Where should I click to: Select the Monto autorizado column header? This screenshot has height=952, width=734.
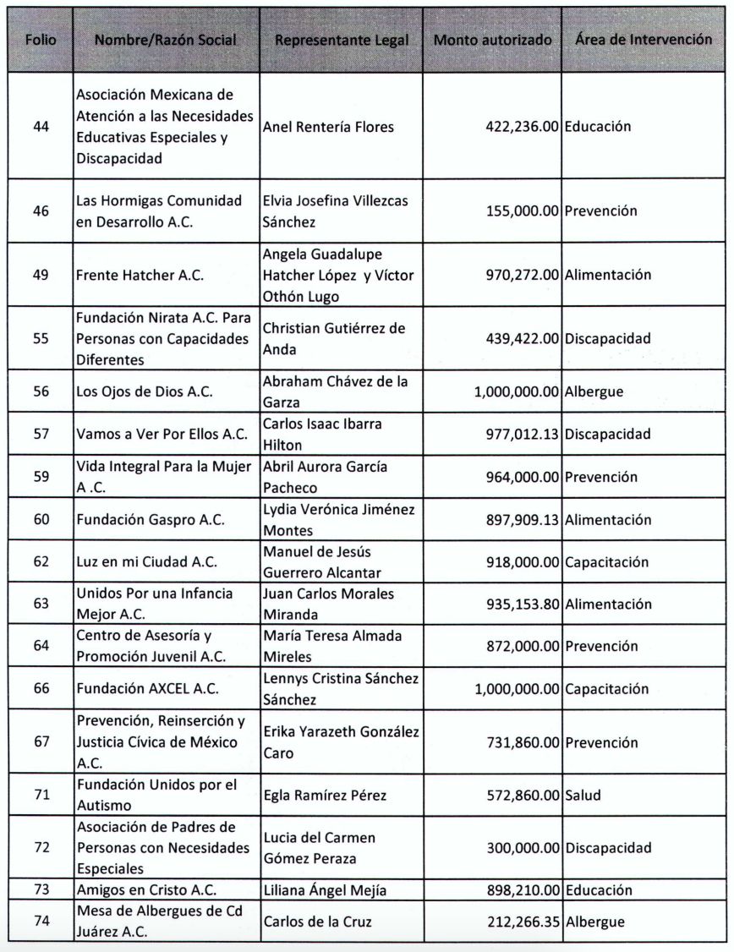pyautogui.click(x=494, y=41)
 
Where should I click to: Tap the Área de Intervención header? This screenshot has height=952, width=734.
pyautogui.click(x=642, y=41)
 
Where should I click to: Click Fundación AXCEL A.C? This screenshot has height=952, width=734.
pyautogui.click(x=146, y=689)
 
